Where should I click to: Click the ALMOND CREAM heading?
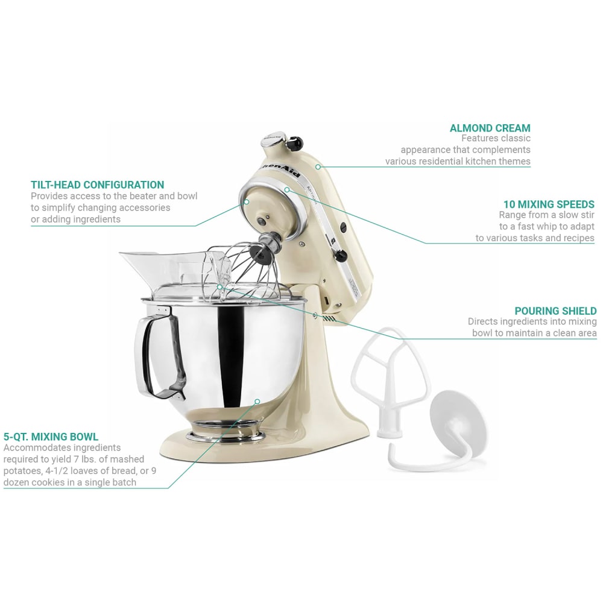coord(490,128)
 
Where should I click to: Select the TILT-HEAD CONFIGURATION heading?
coord(97,185)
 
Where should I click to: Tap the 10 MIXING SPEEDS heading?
coord(549,204)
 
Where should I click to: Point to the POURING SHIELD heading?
coord(555,311)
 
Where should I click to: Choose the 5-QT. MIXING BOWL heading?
coord(51,437)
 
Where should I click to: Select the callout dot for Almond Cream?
coord(317,166)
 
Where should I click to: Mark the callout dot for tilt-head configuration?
coord(246,201)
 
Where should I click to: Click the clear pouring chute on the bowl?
coord(151,265)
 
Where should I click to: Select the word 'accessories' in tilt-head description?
coord(140,207)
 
